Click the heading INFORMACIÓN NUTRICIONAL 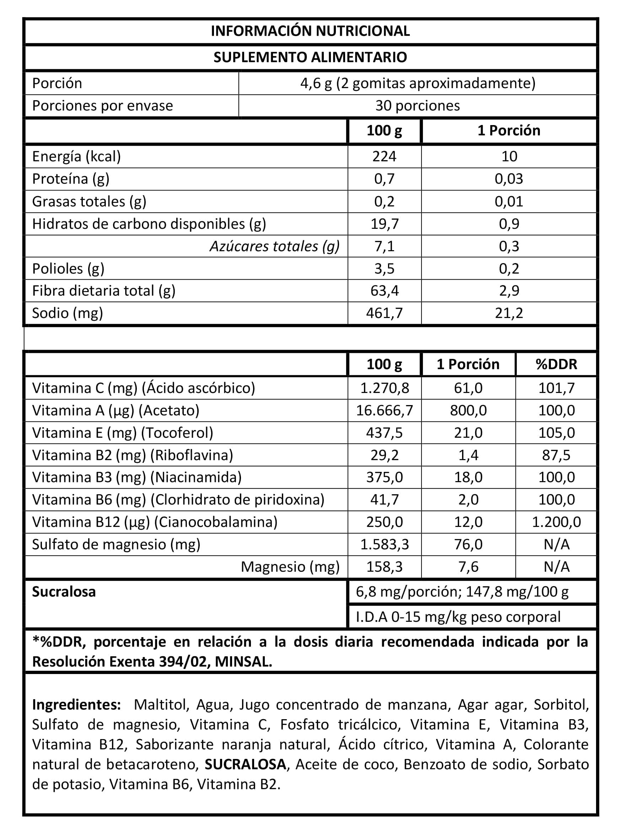[310, 31]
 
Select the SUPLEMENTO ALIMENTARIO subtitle [310, 57]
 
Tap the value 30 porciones [417, 106]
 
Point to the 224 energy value [384, 156]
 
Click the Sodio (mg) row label [68, 313]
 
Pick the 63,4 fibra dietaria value [384, 291]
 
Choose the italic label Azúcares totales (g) [274, 246]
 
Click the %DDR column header [556, 364]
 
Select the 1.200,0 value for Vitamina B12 [556, 522]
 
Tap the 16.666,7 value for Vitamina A [385, 410]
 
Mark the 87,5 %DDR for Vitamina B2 [556, 455]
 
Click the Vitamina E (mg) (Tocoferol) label [122, 433]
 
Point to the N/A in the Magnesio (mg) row [556, 567]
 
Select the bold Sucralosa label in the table [64, 592]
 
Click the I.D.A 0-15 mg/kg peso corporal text [458, 617]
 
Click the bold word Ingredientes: [76, 705]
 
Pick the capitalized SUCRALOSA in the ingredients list [245, 764]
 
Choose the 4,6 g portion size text [316, 83]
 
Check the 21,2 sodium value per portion [509, 313]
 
